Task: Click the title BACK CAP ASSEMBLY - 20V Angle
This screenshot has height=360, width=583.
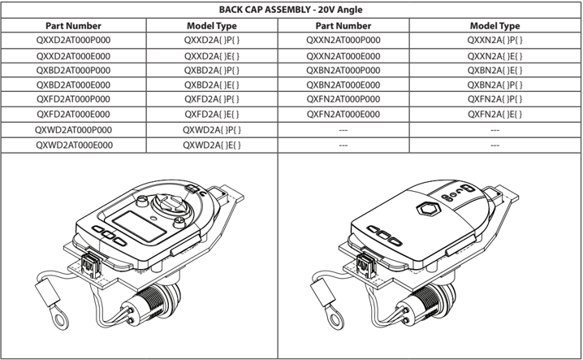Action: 291,10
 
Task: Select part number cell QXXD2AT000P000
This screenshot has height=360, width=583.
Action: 73,40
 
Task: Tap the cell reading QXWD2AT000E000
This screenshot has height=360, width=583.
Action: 73,145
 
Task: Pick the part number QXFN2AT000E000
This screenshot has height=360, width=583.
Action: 343,115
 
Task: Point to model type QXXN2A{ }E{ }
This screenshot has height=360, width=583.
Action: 494,55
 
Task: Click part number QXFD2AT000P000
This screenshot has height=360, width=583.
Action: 73,100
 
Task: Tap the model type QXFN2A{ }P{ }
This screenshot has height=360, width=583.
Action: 494,100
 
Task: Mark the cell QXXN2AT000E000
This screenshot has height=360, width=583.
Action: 343,55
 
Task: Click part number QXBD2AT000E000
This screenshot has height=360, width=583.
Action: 73,85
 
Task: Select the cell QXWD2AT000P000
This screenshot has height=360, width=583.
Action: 73,130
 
